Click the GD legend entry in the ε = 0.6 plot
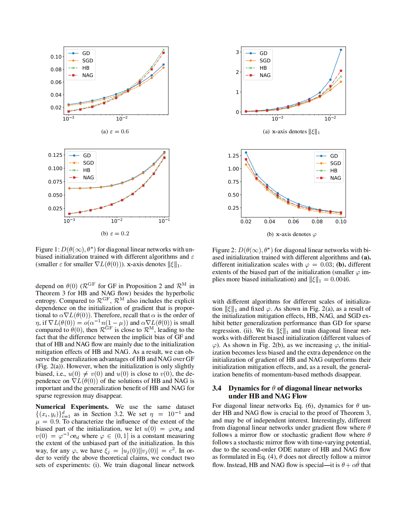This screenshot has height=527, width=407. pos(86,53)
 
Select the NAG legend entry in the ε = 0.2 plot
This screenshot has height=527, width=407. pos(88,177)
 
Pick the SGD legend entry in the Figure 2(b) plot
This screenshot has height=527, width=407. pos(335,163)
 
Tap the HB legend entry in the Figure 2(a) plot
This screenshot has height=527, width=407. pos(263,68)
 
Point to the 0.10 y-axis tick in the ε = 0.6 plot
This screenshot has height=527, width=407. pos(56,57)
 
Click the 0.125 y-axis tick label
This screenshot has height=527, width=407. pos(55,155)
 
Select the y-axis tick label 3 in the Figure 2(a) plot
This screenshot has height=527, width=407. pos(237,52)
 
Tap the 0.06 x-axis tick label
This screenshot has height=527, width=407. pos(293,222)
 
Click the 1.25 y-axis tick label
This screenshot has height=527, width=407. pos(233,156)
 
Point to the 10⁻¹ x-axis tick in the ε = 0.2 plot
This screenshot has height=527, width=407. pos(164,221)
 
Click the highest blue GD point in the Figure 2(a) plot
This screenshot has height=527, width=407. pos(341,50)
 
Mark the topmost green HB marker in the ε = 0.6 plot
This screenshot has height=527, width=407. pos(163,50)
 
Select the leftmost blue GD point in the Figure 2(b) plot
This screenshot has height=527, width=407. pos(246,153)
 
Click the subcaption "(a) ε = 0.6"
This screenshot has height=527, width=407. pos(115,131)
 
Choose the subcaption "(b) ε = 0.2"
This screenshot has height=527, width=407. pos(115,234)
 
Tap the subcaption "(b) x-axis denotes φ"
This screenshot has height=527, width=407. pos(291,234)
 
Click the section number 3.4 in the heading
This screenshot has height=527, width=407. pos(217,388)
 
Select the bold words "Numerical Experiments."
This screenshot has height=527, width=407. pos(72,407)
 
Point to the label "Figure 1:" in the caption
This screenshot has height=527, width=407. pos(47,249)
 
